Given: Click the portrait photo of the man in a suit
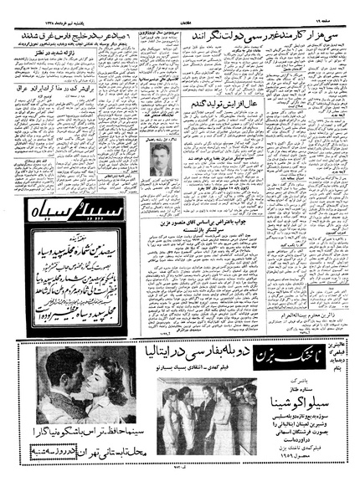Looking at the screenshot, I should tap(158, 161).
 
